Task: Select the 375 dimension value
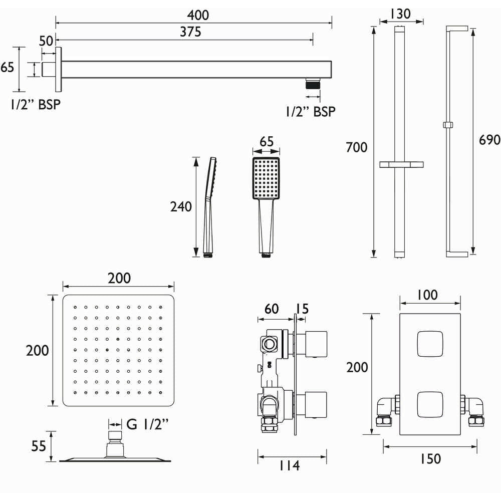[x=190, y=32]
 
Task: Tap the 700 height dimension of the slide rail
[x=356, y=147]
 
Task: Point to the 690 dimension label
[x=489, y=139]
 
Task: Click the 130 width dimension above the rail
[x=401, y=14]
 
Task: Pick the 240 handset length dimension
[x=181, y=206]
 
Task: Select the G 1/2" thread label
[x=147, y=425]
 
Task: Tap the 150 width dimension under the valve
[x=428, y=458]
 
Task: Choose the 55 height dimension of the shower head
[x=39, y=446]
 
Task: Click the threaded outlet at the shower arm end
[x=313, y=84]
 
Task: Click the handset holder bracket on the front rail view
[x=402, y=164]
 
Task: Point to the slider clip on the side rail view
[x=448, y=124]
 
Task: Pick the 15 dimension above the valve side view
[x=303, y=309]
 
